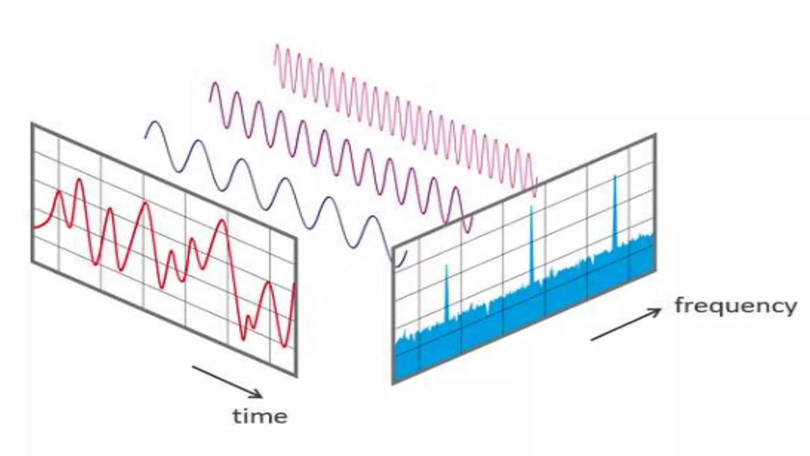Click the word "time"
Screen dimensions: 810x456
(x=260, y=416)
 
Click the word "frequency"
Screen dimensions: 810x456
(x=735, y=306)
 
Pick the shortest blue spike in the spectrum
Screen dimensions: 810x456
(x=447, y=267)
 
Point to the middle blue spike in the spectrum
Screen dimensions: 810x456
(x=532, y=208)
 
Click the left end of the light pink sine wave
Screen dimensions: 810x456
(x=274, y=63)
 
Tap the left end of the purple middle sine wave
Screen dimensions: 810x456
(x=209, y=101)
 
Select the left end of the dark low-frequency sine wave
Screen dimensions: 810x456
(x=145, y=137)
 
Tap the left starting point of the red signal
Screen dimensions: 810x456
(x=33, y=228)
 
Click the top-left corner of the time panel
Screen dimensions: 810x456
(x=32, y=124)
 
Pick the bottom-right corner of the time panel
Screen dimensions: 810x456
(x=296, y=376)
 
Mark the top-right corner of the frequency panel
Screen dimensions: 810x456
(x=655, y=135)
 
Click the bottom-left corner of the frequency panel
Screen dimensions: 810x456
(x=393, y=383)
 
